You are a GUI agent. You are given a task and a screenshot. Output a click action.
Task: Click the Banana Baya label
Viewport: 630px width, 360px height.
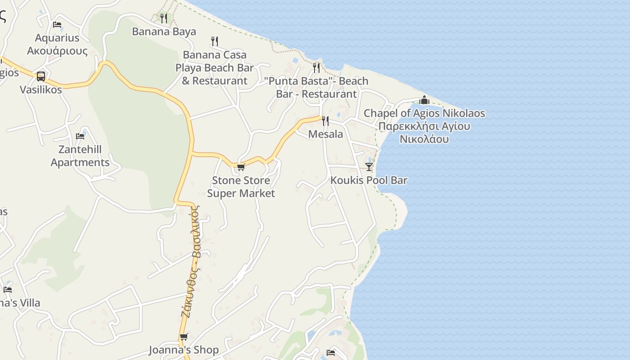tap(164, 31)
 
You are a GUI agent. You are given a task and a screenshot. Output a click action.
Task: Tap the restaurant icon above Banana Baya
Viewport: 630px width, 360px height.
tap(164, 18)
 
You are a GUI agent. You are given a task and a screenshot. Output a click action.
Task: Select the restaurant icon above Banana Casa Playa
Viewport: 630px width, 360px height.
tap(215, 41)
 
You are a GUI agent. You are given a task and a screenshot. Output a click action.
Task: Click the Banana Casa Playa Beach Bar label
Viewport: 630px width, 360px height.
tap(215, 67)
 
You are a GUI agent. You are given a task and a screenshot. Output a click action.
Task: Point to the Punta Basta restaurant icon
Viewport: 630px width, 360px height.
tap(316, 67)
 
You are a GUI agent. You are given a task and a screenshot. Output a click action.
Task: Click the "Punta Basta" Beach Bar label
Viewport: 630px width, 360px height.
tap(316, 87)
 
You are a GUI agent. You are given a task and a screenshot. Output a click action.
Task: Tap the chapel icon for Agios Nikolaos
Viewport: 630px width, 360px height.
tap(424, 100)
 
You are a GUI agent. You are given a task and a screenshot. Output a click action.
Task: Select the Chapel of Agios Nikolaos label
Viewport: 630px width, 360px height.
tap(424, 126)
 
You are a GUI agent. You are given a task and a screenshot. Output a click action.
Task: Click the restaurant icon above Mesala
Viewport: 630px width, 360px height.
tap(325, 121)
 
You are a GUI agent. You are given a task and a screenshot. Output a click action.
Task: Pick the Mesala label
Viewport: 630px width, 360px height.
tap(325, 134)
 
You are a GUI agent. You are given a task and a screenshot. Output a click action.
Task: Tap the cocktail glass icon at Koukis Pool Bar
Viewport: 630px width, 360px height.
tap(369, 167)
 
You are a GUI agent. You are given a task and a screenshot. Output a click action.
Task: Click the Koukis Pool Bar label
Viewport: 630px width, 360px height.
tap(369, 180)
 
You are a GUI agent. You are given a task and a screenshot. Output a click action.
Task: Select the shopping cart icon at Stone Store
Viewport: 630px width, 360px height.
tap(241, 167)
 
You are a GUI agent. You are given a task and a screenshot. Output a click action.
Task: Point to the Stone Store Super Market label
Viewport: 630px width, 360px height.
tap(241, 187)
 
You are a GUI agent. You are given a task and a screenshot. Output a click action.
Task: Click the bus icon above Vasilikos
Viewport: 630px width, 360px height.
tap(41, 76)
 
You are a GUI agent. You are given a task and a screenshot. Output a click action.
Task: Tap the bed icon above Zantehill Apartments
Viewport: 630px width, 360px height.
tap(80, 136)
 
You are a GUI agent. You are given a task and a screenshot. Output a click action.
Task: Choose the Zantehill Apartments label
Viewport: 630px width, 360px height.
tap(80, 156)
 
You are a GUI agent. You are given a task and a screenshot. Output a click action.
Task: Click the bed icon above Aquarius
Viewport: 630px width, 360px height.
tap(57, 25)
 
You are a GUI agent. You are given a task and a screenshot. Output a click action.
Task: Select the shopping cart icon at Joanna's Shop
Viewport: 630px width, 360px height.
tap(184, 337)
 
